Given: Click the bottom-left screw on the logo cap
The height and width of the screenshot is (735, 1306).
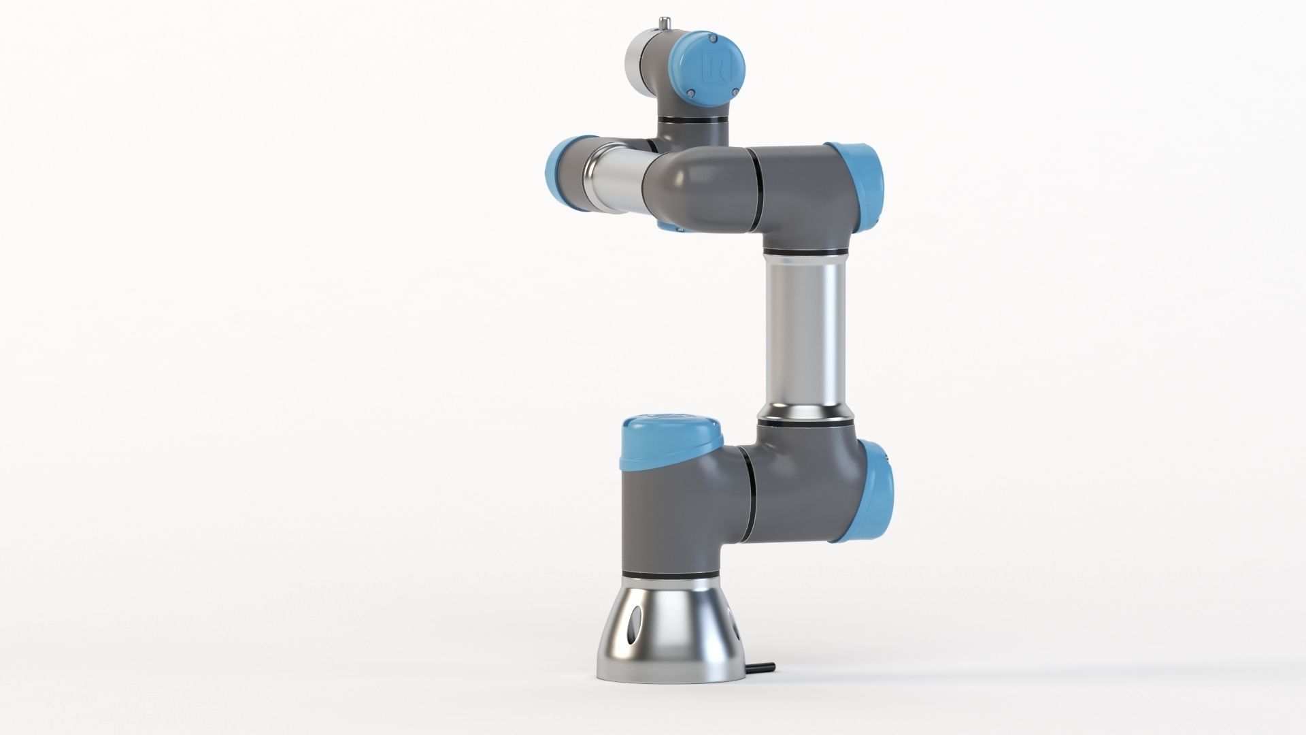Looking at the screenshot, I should pos(689,93).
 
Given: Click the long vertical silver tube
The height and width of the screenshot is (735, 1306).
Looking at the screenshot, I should pos(804,333).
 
